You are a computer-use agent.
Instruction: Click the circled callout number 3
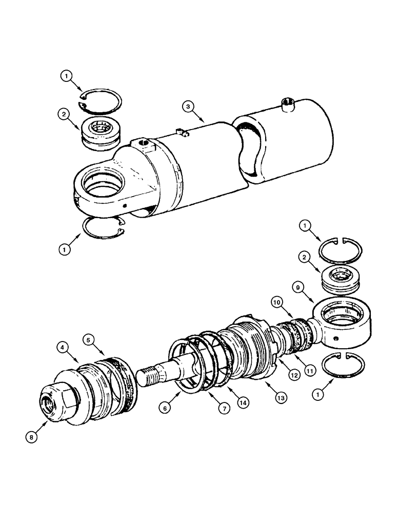tap(189, 106)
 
